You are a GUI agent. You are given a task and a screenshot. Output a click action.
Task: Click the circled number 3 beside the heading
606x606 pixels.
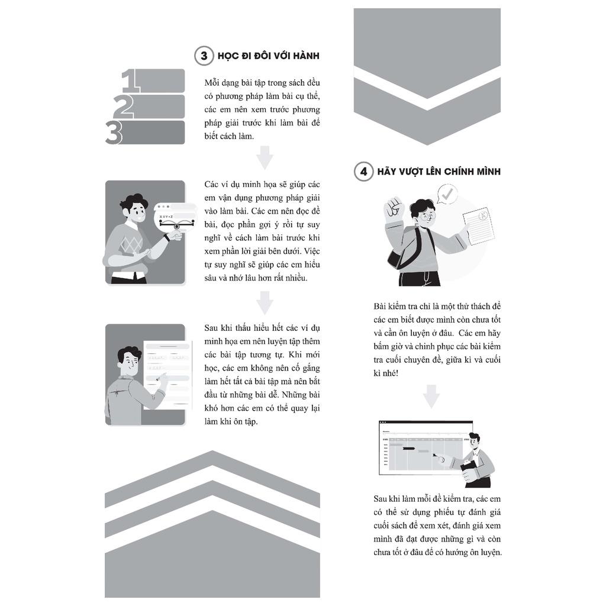point(204,56)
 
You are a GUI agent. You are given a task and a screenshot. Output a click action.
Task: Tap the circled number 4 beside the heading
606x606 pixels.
point(364,172)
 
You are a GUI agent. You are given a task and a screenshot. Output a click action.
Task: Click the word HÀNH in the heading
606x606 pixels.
point(306,56)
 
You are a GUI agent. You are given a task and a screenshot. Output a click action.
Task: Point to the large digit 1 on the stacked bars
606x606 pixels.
point(130,80)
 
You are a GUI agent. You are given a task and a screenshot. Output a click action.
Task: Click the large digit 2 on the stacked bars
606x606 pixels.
point(123,107)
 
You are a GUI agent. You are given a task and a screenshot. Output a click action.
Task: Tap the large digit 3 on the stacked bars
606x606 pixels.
point(114,133)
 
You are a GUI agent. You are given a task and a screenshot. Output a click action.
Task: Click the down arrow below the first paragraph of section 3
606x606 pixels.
point(265,157)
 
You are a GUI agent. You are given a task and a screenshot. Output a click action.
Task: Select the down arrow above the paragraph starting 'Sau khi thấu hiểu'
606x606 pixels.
point(265,302)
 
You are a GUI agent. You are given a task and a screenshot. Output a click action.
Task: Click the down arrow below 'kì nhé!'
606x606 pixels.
point(431,397)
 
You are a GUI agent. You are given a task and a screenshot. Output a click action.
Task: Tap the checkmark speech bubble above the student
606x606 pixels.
point(447,194)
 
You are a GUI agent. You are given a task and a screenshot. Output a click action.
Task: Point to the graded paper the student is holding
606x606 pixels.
point(479,226)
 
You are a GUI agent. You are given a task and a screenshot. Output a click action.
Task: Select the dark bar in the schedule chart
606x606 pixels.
point(408,449)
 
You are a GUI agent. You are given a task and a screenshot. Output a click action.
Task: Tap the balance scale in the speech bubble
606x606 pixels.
point(176,223)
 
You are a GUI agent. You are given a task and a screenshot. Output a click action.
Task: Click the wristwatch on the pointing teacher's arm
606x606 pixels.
point(167,237)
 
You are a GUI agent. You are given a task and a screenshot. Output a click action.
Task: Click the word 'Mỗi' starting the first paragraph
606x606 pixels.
point(212,83)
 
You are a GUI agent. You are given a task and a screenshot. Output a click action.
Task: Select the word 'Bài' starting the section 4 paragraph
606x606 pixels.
point(380,307)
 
